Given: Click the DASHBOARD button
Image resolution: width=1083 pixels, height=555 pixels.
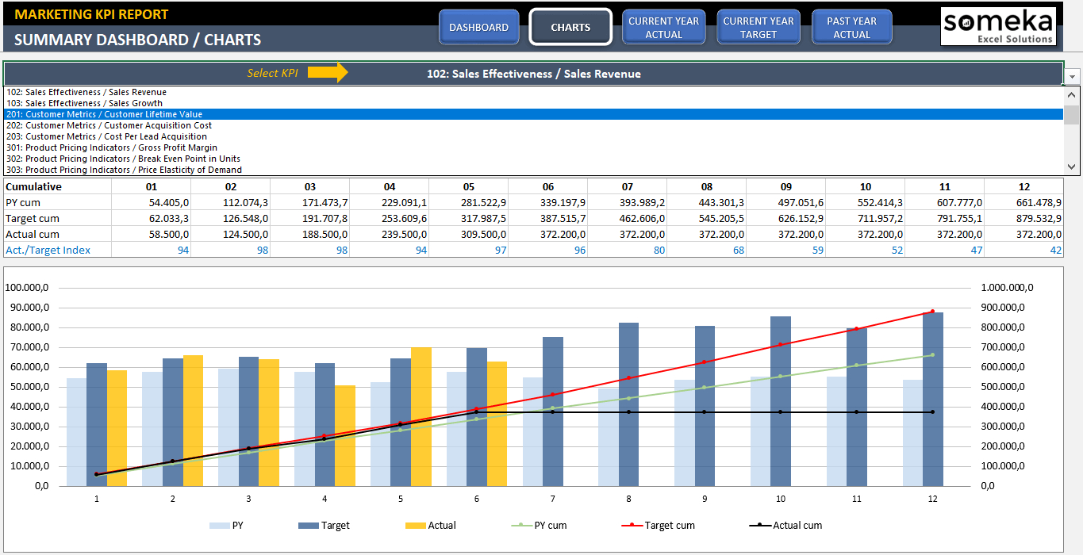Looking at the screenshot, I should [x=478, y=27].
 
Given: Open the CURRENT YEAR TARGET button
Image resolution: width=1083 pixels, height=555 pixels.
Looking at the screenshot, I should [x=758, y=27].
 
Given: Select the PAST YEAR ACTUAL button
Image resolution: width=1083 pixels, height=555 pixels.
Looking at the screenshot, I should [x=851, y=27].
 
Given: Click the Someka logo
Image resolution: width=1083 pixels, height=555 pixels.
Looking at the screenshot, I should [x=998, y=26].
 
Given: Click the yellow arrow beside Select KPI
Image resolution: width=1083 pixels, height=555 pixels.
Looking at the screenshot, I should [x=328, y=73].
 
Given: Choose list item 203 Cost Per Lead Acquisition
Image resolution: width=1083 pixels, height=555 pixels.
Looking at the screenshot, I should [x=116, y=136].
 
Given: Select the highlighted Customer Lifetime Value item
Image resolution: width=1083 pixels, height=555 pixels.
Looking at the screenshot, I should [x=113, y=114].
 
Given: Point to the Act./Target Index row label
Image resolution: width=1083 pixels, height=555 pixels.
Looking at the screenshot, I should [x=48, y=250].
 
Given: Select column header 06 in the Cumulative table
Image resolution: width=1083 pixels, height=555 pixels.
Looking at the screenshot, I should [x=547, y=186].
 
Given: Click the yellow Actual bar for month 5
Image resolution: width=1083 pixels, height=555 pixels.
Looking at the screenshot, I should [x=421, y=416].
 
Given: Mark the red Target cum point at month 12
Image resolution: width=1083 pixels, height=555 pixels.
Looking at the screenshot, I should [x=932, y=312].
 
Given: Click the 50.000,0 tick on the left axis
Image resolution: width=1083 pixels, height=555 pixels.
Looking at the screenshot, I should [x=28, y=387].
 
